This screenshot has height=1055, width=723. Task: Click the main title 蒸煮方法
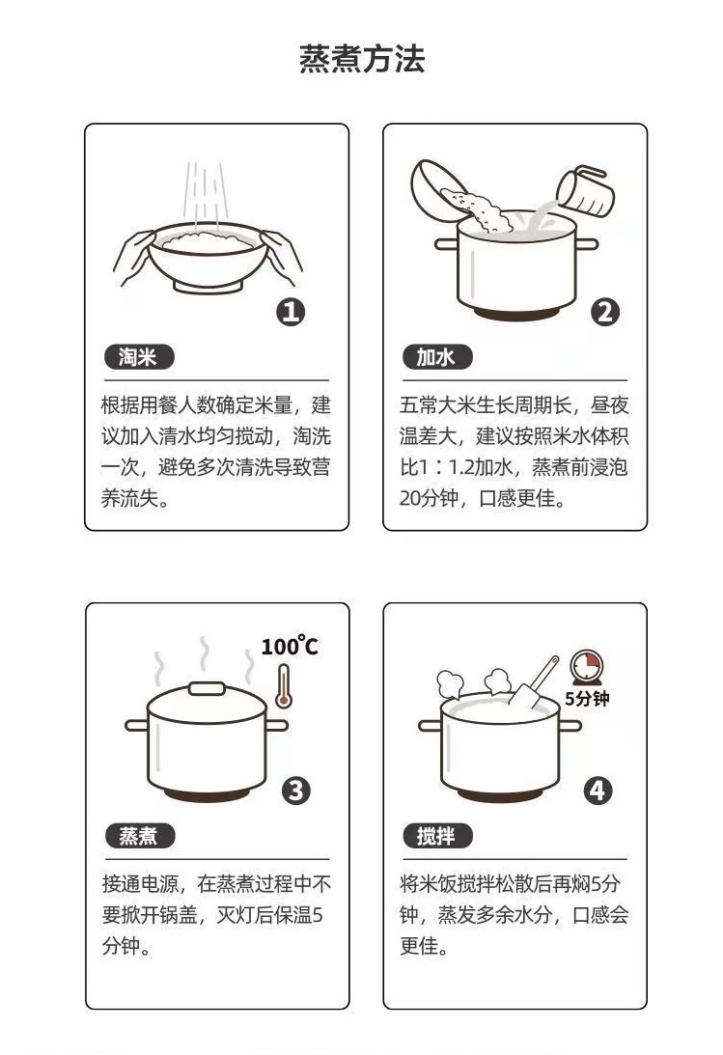coord(362,59)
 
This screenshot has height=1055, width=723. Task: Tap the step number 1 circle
coord(291,312)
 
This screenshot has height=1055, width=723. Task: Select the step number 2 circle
coord(604,312)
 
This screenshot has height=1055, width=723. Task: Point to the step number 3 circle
coord(296,791)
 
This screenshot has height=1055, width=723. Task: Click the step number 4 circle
coord(598,791)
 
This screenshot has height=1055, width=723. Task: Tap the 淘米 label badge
coord(139,357)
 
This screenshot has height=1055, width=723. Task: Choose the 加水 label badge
coord(437,357)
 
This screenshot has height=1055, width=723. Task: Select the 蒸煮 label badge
coord(139,836)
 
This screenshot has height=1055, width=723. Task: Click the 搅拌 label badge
coord(437,836)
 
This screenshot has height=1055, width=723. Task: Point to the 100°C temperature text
coord(290,646)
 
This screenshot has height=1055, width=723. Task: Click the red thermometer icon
coord(284,686)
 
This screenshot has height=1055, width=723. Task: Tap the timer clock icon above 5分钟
coord(586,667)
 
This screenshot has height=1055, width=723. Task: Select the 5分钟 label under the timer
coord(587,699)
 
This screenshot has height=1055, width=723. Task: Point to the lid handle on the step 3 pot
coord(207,688)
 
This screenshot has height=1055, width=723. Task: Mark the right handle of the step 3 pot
coord(276,725)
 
